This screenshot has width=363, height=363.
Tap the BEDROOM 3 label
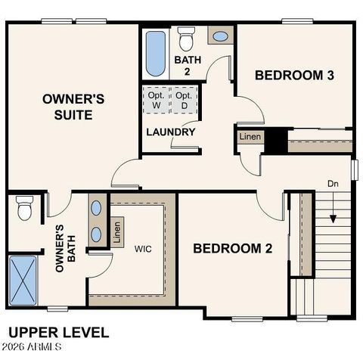294,75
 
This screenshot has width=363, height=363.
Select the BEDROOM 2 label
232,248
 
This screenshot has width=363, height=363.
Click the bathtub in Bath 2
155,54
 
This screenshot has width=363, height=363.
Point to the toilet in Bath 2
186,38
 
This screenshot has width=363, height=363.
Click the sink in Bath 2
220,36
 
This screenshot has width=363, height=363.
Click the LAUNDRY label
170,132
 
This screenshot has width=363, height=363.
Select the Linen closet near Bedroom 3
250,138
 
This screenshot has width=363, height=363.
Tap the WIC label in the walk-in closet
144,248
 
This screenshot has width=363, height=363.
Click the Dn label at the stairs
333,184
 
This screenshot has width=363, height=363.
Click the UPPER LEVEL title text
58,332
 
